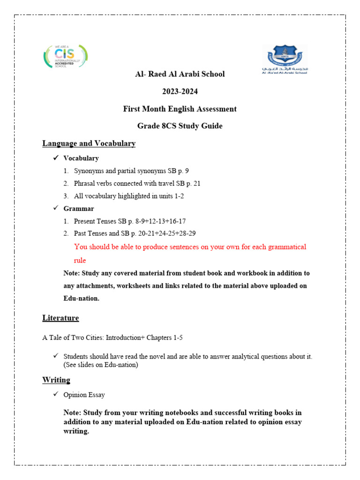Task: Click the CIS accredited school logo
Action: click(x=66, y=57)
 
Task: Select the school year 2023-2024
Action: click(x=180, y=91)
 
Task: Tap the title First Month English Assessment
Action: click(x=180, y=109)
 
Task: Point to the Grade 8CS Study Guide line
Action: click(x=180, y=126)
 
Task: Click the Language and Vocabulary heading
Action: click(x=89, y=143)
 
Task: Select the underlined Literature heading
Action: click(x=60, y=318)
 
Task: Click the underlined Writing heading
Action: click(x=56, y=380)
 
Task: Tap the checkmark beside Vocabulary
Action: click(x=55, y=158)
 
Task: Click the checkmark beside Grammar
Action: click(x=55, y=208)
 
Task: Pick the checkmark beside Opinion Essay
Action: click(x=55, y=395)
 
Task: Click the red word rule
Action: click(x=80, y=260)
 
